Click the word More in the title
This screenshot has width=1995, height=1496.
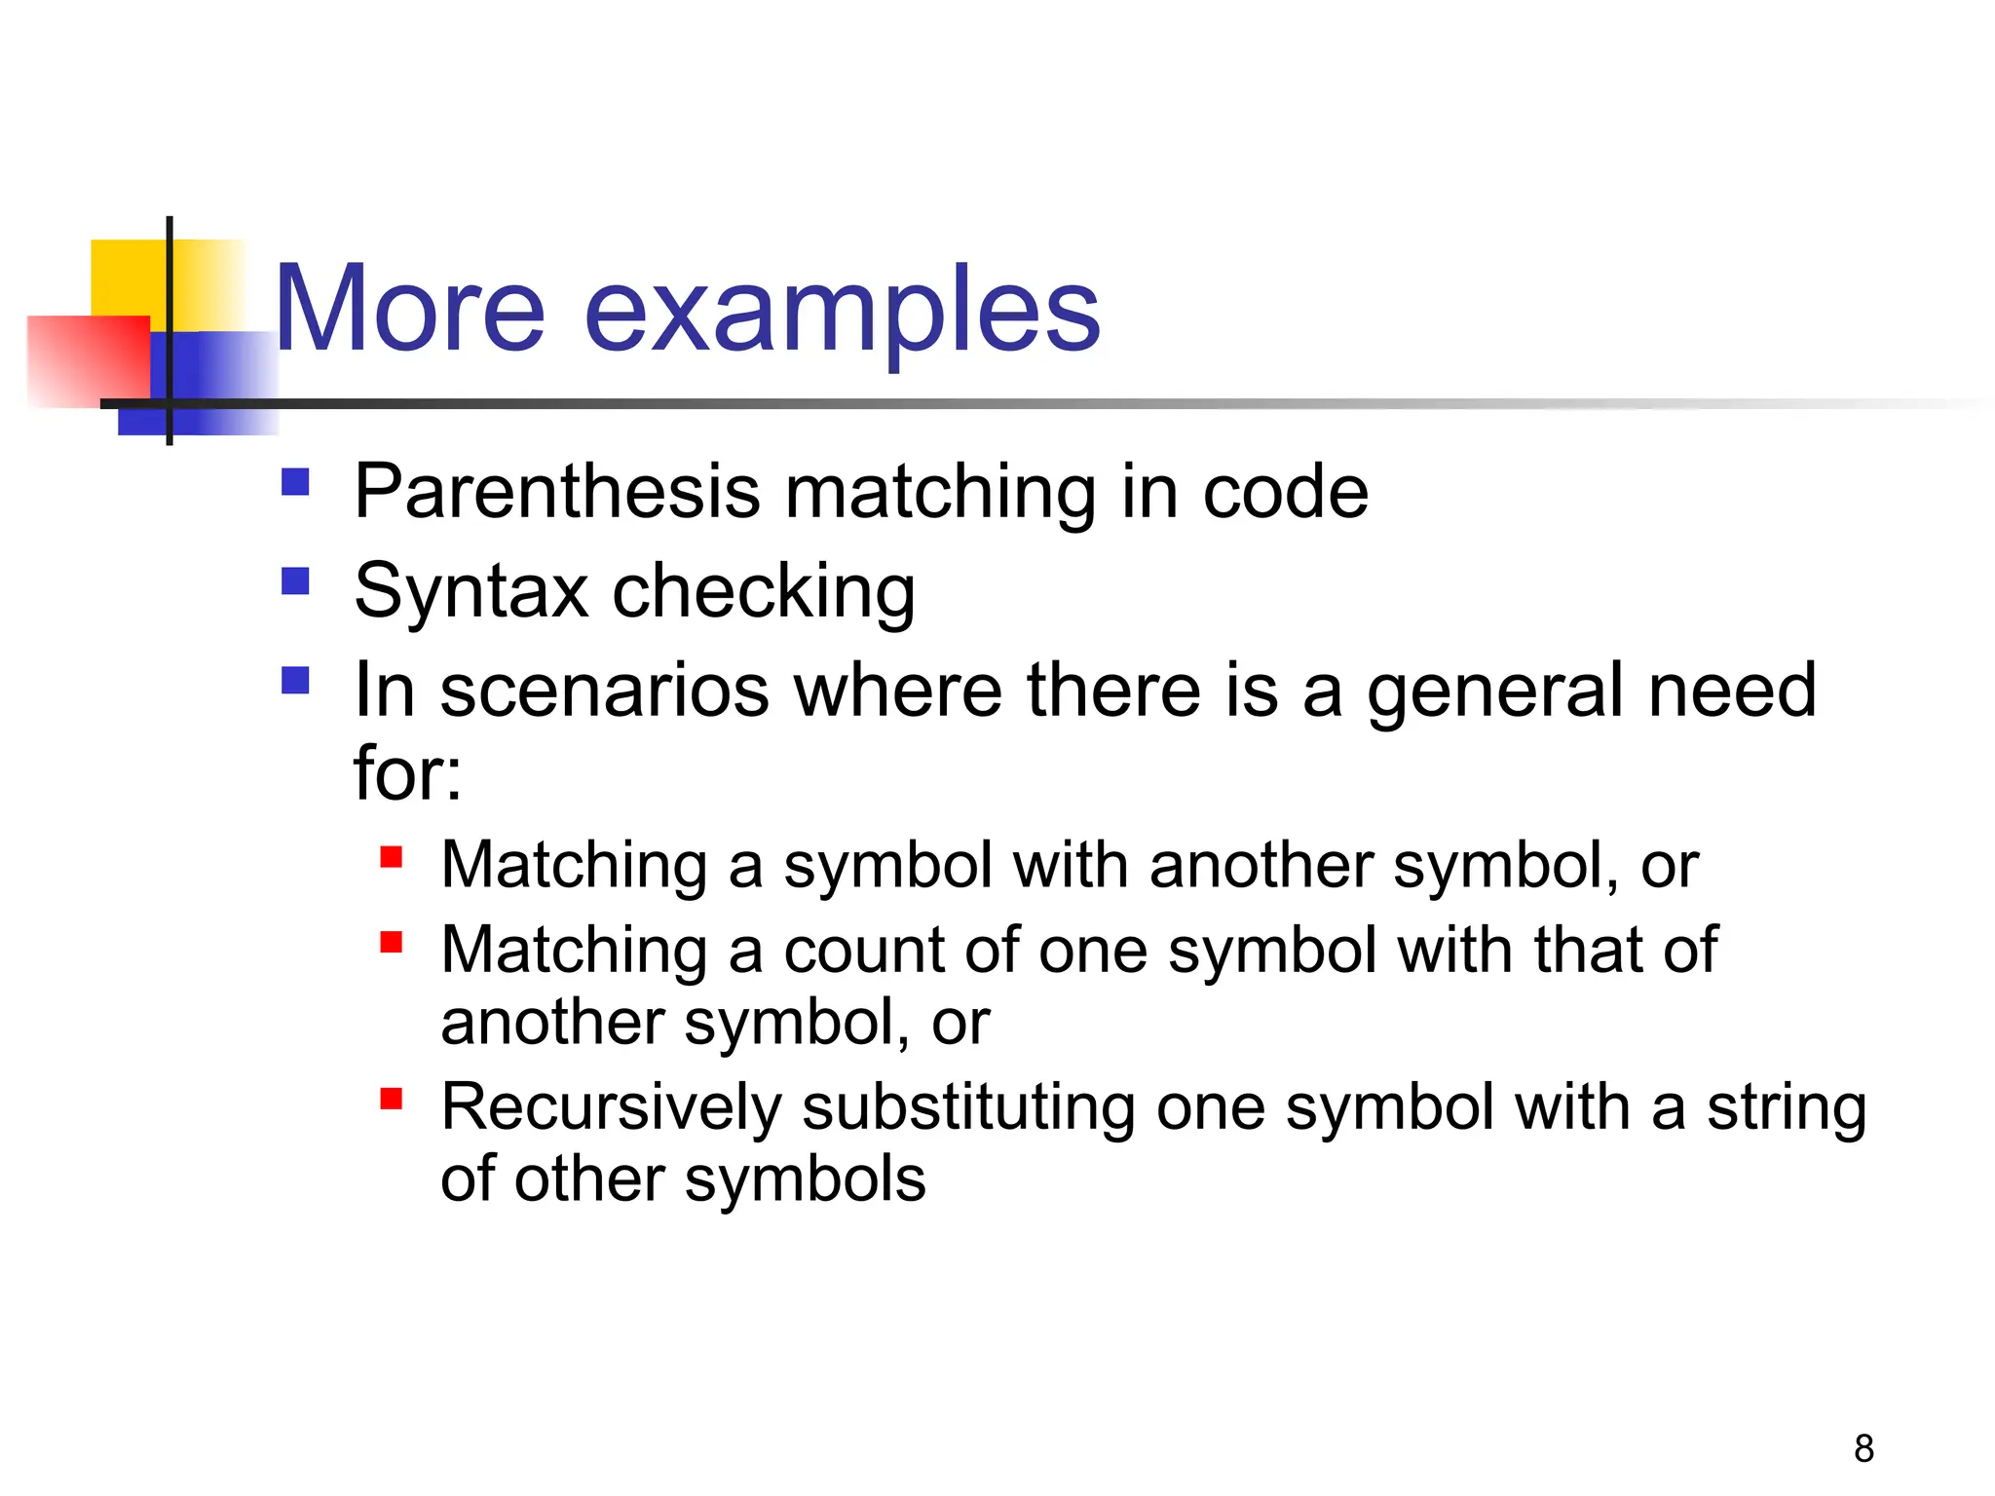tap(409, 310)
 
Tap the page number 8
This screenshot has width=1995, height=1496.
tap(1863, 1448)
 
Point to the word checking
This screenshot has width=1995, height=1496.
tap(764, 592)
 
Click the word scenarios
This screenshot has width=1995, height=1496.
tap(604, 690)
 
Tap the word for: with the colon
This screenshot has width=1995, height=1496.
tap(407, 772)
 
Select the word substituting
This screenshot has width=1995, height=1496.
tap(968, 1108)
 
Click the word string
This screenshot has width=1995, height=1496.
tap(1787, 1108)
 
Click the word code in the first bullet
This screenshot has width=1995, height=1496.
tap(1285, 492)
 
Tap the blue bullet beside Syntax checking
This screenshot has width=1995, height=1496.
tap(295, 581)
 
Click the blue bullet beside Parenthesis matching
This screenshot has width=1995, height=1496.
tap(295, 482)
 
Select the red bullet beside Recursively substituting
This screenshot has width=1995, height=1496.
tap(392, 1099)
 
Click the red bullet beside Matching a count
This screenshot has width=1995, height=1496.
tap(392, 942)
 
